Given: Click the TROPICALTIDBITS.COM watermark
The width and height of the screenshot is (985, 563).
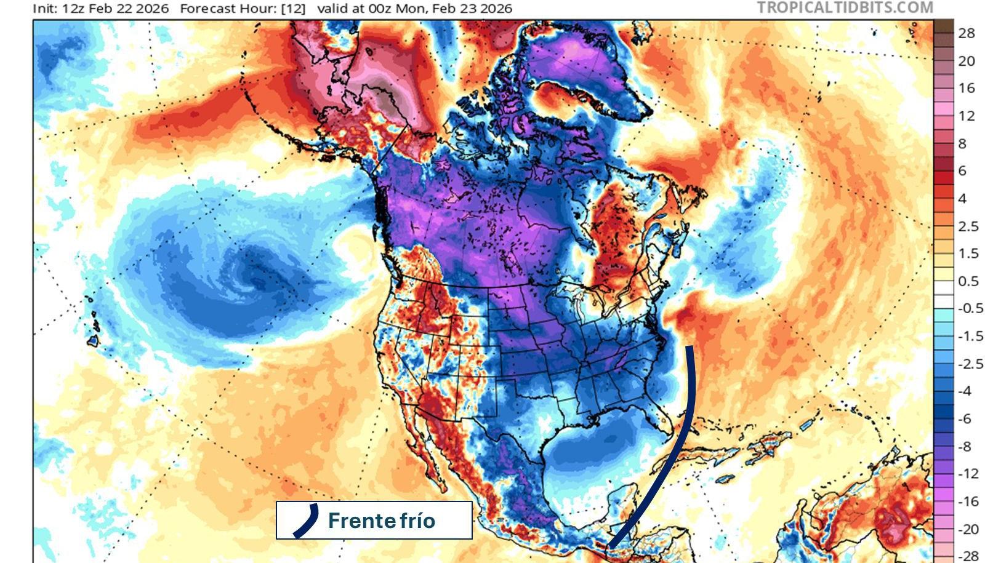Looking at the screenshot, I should click(845, 7).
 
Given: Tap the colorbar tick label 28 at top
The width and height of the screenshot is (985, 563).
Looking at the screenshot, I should click(967, 33).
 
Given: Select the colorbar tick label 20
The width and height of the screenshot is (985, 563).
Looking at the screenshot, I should click(967, 61).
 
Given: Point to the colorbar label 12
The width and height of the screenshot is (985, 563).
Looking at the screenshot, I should click(967, 116).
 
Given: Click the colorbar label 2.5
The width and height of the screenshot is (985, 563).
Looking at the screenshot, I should click(968, 226).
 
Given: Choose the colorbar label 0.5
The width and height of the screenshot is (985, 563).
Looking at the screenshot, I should click(968, 281).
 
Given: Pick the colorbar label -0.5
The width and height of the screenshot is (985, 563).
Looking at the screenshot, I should click(970, 308).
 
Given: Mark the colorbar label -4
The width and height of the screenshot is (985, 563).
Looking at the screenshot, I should click(965, 391).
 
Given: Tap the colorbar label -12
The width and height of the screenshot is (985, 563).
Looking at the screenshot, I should click(968, 473).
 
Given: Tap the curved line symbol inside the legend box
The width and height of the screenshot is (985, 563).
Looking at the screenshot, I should click(306, 521).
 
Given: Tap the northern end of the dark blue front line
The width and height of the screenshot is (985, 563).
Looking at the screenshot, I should click(689, 348).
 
